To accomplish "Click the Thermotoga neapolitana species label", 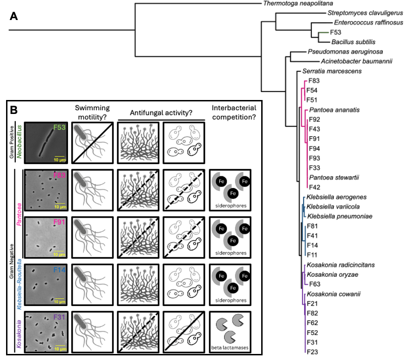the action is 298,3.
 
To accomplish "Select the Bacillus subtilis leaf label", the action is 353,42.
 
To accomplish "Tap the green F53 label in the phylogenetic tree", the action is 336,33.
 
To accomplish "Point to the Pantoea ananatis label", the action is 334,110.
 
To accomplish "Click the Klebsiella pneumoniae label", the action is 340,216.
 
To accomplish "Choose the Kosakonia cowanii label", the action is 333,294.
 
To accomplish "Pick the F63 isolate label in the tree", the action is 315,284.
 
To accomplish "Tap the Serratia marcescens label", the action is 332,71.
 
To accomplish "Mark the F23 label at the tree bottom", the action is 312,352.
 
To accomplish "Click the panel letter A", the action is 14,16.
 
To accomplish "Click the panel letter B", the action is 14,110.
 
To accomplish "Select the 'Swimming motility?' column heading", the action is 92,113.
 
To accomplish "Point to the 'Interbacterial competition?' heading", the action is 234,113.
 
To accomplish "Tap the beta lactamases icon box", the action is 230,332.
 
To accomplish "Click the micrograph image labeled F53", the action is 46,143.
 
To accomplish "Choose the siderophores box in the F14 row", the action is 230,285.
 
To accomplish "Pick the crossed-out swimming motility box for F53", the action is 93,143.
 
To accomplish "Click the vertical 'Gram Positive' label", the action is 12,142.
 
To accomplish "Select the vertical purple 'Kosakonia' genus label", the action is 19,334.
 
